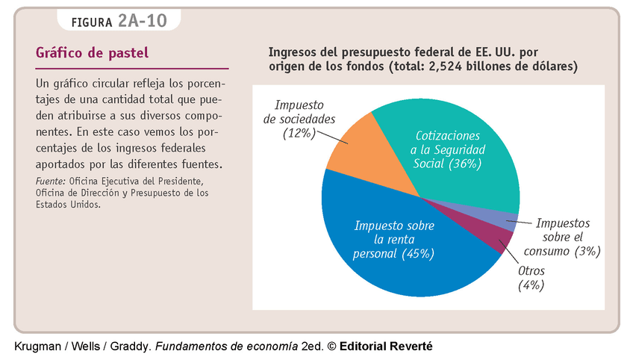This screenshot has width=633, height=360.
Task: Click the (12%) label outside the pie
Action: tap(299, 134)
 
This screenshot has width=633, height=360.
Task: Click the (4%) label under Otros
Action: tap(531, 285)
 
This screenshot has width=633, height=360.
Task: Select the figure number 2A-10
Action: tap(142, 21)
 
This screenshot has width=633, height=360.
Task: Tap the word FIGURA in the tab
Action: tap(93, 22)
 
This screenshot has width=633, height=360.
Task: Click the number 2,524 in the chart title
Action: tap(445, 66)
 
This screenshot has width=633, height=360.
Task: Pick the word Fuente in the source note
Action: tap(50, 181)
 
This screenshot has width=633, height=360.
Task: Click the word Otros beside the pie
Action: tap(531, 270)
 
